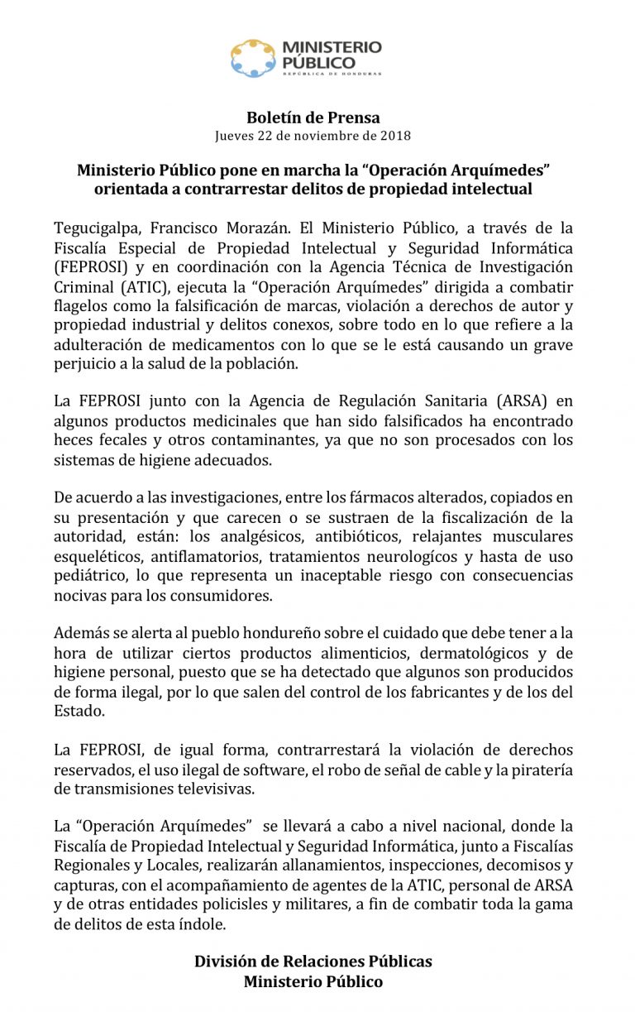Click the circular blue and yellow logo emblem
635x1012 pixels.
(252, 58)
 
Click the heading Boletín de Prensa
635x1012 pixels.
(313, 118)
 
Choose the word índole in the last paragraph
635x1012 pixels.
(199, 924)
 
